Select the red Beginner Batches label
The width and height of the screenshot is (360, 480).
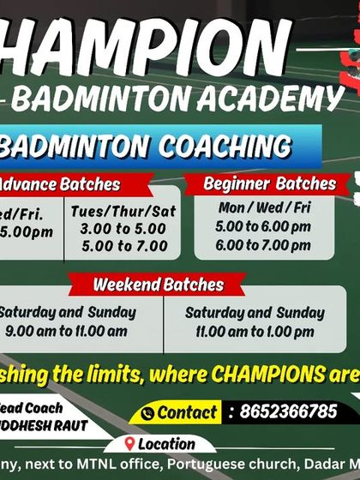269,184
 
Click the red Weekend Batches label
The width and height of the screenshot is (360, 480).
158,285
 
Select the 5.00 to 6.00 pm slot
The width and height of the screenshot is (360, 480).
263,227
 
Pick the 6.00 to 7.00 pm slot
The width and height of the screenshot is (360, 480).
263,244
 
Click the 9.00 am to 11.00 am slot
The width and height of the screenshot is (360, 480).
66,331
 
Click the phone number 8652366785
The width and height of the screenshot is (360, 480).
283,411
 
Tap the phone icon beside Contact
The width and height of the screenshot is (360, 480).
147,413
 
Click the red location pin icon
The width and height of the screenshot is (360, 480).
129,444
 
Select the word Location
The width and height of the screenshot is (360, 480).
166,444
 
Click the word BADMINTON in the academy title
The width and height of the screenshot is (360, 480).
104,99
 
